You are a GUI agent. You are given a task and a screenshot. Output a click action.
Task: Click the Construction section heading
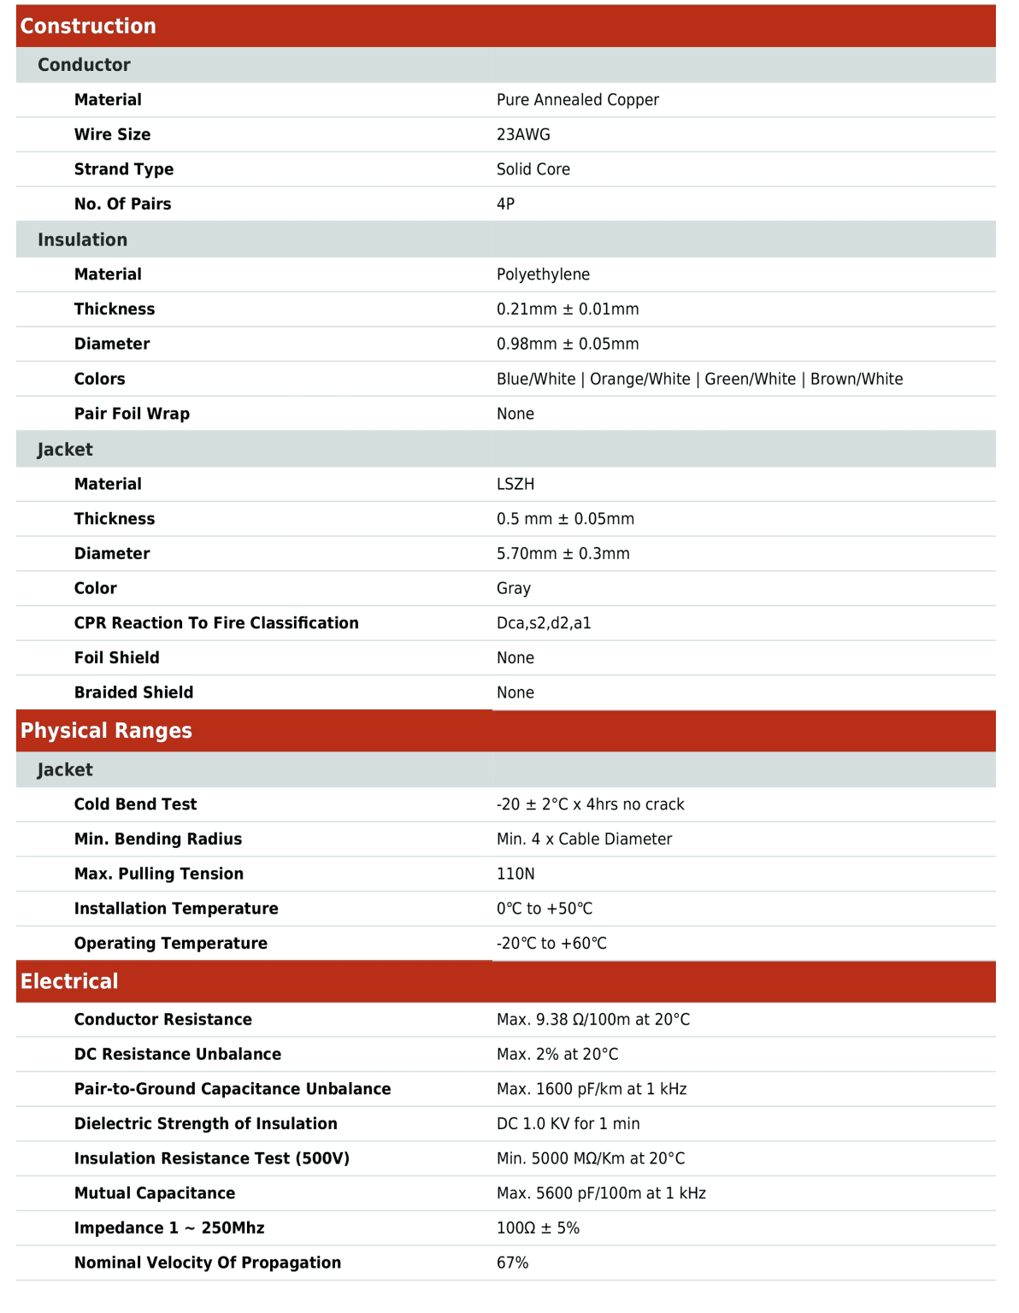(88, 26)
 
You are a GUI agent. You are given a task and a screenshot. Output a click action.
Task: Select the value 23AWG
(523, 135)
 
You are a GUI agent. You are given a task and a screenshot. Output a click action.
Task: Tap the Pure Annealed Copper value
(577, 100)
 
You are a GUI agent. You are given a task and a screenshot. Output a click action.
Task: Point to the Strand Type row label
(124, 169)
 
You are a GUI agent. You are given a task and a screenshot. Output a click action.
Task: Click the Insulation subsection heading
(82, 240)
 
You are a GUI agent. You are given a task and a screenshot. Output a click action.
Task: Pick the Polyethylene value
(543, 274)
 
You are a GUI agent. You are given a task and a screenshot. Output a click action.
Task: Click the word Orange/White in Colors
(639, 379)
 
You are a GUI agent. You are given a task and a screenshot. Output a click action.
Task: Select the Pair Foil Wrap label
(132, 414)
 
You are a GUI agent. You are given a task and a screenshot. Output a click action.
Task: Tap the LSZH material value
(515, 484)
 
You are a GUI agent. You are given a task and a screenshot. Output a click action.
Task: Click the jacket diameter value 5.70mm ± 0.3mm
(563, 554)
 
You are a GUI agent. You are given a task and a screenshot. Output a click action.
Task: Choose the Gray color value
(514, 588)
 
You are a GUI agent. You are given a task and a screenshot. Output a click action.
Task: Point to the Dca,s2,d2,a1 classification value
(544, 623)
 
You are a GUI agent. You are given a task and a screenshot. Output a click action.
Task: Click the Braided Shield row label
(133, 692)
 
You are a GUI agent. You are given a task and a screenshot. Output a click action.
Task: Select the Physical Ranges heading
(106, 731)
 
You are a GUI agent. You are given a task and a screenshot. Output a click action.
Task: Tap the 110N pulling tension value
(515, 874)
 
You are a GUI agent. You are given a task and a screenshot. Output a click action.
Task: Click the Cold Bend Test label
(135, 804)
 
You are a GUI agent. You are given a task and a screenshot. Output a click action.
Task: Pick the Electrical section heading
(69, 981)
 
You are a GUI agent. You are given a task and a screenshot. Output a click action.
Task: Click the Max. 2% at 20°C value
(557, 1054)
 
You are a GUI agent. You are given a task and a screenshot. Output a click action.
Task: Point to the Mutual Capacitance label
(155, 1193)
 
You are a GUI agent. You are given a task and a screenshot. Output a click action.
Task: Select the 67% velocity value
(512, 1263)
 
